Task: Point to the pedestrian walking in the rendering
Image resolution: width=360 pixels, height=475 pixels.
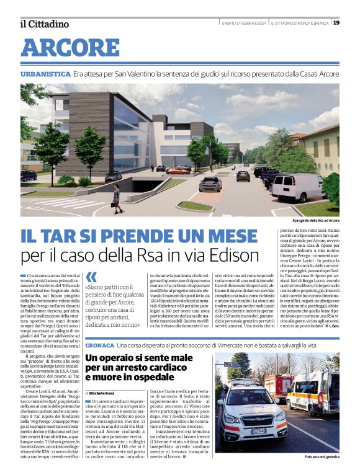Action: pos(116,199)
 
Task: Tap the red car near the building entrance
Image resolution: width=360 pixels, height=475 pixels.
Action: pos(179,171)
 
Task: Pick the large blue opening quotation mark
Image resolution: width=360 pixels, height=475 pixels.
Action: pos(91,278)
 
